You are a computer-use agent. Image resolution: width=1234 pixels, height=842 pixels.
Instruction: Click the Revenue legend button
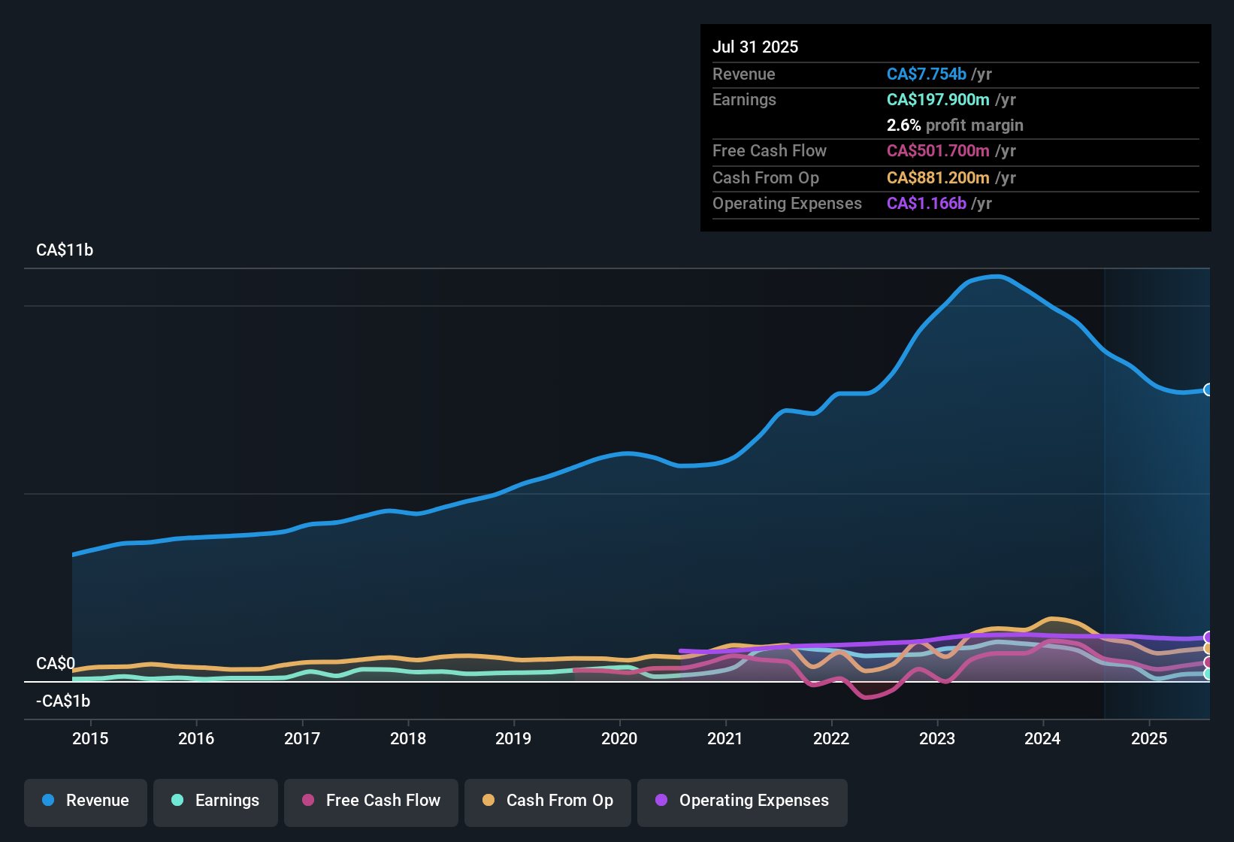click(86, 801)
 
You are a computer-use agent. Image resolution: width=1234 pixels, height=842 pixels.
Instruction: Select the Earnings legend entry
click(216, 801)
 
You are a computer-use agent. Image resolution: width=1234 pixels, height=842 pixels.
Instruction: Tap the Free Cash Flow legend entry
click(371, 801)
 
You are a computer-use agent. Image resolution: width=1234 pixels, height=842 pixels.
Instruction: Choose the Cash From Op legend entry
click(548, 801)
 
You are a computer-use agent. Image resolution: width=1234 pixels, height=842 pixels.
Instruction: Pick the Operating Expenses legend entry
click(743, 801)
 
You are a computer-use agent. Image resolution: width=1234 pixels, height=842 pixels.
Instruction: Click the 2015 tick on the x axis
click(90, 738)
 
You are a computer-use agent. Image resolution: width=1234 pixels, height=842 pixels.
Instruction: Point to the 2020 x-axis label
click(619, 738)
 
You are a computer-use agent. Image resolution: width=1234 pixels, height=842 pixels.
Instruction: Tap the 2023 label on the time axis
click(937, 738)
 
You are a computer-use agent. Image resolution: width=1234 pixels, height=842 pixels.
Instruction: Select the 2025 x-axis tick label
click(1149, 738)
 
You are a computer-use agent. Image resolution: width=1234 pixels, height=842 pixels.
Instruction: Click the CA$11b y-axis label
click(65, 250)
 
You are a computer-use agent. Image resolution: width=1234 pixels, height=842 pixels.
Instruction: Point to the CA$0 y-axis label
click(56, 663)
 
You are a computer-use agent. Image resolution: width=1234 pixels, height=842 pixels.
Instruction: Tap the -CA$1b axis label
click(63, 701)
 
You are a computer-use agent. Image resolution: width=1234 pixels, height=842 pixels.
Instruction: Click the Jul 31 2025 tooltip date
click(755, 47)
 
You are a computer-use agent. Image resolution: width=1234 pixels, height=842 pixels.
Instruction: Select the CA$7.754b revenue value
click(926, 74)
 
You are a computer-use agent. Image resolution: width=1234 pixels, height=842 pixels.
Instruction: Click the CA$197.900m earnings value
click(938, 99)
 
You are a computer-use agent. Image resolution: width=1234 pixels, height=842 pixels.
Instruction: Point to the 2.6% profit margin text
click(954, 126)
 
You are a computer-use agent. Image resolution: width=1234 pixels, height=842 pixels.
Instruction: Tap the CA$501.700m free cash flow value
click(938, 150)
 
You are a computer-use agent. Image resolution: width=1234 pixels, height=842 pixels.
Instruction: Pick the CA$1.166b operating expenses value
click(926, 203)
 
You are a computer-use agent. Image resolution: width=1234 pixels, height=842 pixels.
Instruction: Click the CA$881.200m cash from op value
click(938, 177)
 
